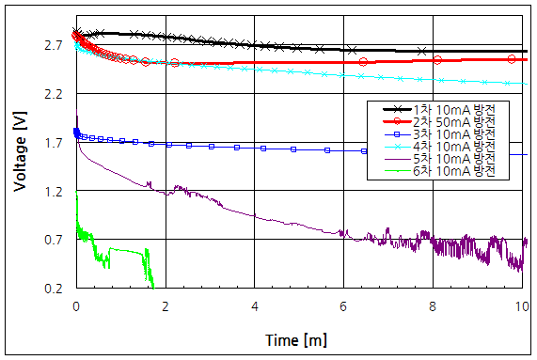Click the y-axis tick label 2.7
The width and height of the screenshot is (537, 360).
click(53, 45)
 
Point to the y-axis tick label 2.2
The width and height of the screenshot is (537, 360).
click(53, 94)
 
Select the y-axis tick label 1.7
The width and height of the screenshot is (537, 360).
click(53, 143)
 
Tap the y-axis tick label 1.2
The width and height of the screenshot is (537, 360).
click(53, 192)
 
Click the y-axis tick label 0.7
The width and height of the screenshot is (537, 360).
click(53, 241)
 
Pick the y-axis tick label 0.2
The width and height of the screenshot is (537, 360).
click(53, 289)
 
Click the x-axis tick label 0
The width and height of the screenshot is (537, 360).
click(76, 306)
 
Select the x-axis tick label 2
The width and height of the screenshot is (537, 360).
click(166, 306)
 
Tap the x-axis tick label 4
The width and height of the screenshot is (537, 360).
click(255, 306)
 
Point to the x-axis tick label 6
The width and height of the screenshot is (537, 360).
click(344, 306)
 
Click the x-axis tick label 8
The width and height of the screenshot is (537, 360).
click(434, 306)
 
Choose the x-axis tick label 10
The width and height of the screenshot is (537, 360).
click(522, 306)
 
